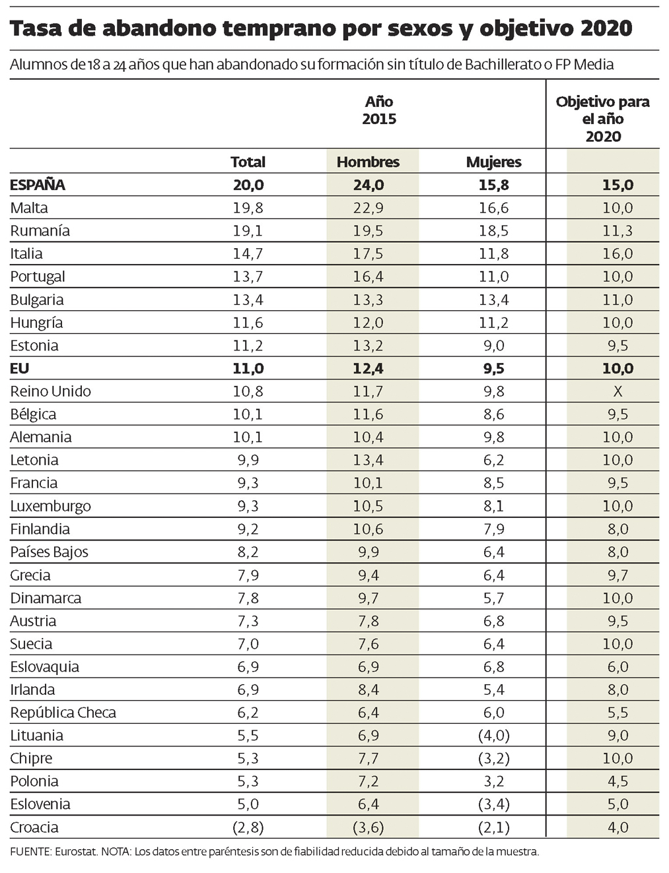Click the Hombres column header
tap(368, 162)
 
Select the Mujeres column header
tap(493, 162)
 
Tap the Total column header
tap(248, 162)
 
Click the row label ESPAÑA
tap(38, 185)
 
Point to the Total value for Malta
tap(248, 208)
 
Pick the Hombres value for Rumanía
tap(368, 231)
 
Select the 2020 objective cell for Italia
tap(617, 253)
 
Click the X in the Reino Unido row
tap(617, 391)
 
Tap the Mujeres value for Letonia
tap(493, 460)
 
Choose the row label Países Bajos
tap(49, 552)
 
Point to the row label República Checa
tap(63, 713)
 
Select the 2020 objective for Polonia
tap(617, 781)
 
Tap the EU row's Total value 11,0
tap(248, 368)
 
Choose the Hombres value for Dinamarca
tap(368, 598)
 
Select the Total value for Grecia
tap(248, 575)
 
